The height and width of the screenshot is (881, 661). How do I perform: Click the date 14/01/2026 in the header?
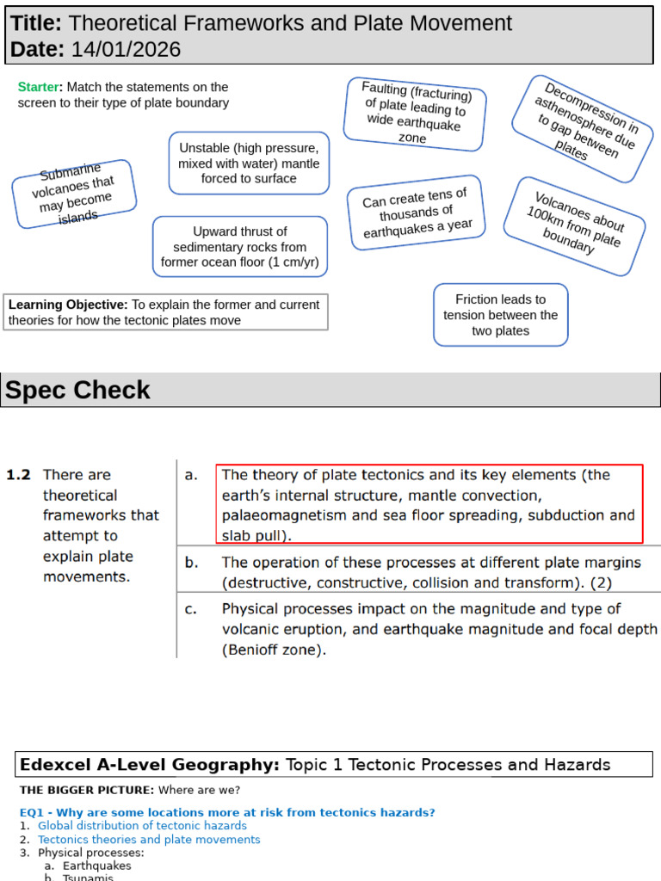(126, 50)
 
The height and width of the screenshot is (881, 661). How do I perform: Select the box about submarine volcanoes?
(74, 194)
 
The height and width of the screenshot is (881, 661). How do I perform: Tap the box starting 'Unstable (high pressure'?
(249, 163)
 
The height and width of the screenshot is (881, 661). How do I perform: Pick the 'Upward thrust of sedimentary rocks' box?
(240, 247)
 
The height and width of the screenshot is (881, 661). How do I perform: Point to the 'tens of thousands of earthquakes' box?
(417, 213)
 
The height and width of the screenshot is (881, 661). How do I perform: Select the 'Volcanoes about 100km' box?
(573, 226)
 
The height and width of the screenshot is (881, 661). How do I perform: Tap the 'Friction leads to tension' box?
(500, 315)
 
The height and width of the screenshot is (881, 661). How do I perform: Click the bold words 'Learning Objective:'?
(68, 305)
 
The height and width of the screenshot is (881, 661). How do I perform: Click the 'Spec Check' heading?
(78, 391)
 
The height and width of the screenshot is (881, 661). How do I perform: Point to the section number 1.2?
(18, 475)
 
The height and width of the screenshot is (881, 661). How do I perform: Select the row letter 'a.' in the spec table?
(191, 475)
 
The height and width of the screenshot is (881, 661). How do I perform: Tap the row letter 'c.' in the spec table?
(191, 609)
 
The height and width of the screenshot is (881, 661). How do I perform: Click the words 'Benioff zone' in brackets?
(275, 650)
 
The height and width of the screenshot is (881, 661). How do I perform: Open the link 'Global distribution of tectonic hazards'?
(142, 826)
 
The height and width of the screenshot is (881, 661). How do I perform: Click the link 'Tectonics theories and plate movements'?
(149, 840)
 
